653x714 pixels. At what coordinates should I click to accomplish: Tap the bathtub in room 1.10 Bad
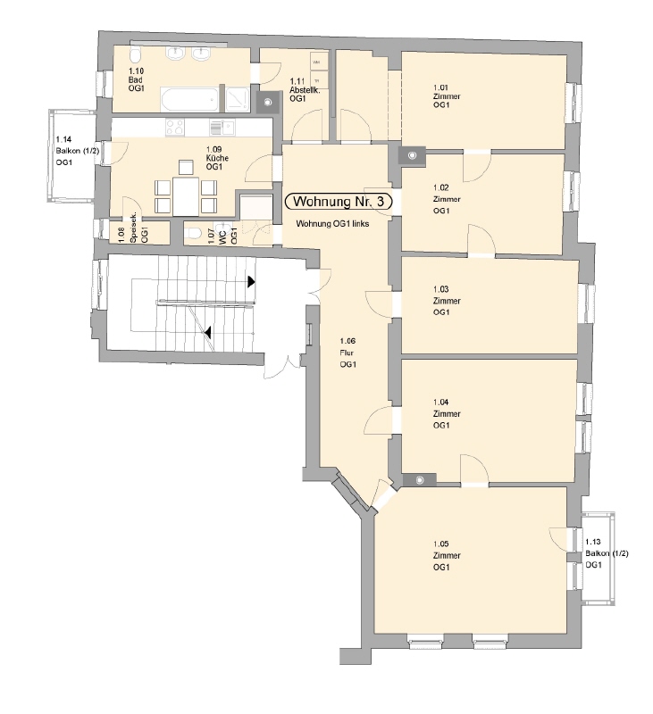pos(188,97)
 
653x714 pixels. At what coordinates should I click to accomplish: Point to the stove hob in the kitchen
pos(175,127)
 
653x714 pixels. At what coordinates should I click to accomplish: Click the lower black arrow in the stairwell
pos(208,333)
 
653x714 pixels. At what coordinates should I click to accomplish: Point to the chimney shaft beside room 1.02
pos(413,156)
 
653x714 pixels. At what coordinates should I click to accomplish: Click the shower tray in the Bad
pos(237,97)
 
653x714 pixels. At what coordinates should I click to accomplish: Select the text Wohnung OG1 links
pos(333,224)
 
